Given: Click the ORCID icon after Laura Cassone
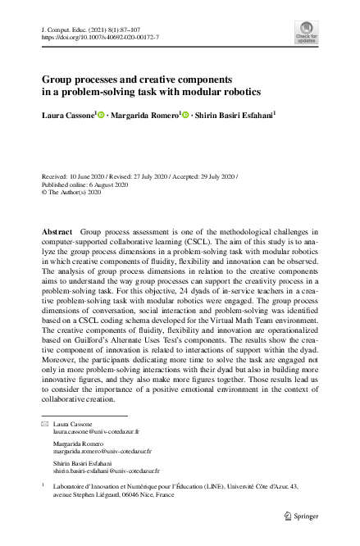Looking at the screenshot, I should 102,116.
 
